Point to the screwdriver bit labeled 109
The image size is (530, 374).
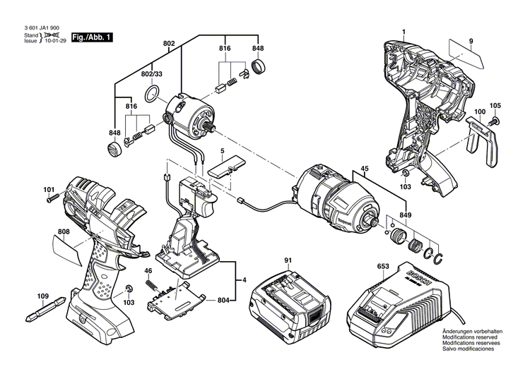(x=47, y=310)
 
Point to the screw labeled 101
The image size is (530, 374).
(x=52, y=199)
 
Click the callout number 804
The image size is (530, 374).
(x=223, y=301)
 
